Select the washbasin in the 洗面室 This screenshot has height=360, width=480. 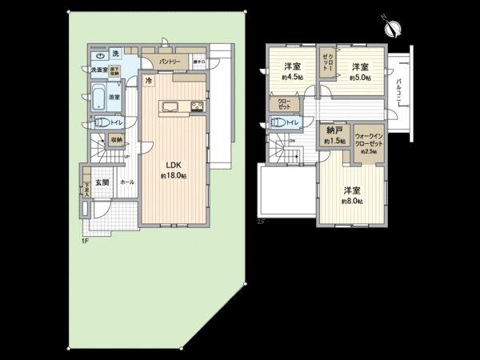point(98,57)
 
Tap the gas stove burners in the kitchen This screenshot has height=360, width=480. point(198,106)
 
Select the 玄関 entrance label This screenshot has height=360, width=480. point(102,183)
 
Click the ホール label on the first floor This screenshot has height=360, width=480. point(126,182)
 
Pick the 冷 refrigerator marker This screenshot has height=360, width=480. point(149,81)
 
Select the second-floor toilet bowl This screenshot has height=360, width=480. point(278,122)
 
